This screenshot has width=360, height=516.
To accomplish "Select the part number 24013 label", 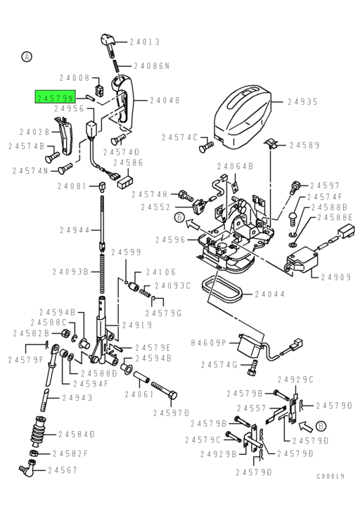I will [146, 41].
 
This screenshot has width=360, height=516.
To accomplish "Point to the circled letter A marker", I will [27, 56].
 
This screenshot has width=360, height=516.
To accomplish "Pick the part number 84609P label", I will [209, 342].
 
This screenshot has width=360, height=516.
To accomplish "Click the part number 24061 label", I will [139, 394].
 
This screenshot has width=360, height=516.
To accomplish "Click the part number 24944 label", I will [75, 230].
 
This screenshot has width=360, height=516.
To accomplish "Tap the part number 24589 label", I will [304, 146].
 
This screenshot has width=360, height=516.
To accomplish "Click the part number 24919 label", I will [137, 325].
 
